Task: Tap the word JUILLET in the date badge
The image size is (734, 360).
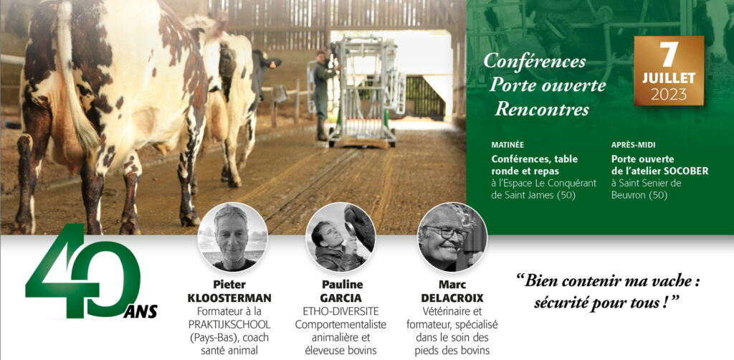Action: pyautogui.click(x=669, y=78)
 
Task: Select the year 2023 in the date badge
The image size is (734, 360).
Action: pyautogui.click(x=669, y=95)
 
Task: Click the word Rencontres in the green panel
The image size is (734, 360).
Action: pyautogui.click(x=542, y=109)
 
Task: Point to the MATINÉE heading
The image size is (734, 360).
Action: pyautogui.click(x=508, y=145)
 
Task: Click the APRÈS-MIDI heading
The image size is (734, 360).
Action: pyautogui.click(x=634, y=145)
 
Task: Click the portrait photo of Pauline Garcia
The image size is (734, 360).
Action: pyautogui.click(x=340, y=237)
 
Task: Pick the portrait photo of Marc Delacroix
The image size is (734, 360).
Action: pyautogui.click(x=452, y=237)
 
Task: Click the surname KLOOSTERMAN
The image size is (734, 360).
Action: pyautogui.click(x=229, y=298)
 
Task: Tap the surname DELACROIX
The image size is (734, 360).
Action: pyautogui.click(x=452, y=298)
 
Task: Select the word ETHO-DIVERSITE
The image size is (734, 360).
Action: pyautogui.click(x=340, y=311)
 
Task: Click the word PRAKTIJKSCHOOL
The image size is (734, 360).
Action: pyautogui.click(x=229, y=324)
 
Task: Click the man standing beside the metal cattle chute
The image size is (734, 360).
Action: pyautogui.click(x=323, y=96)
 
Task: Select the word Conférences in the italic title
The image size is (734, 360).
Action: pyautogui.click(x=535, y=62)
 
